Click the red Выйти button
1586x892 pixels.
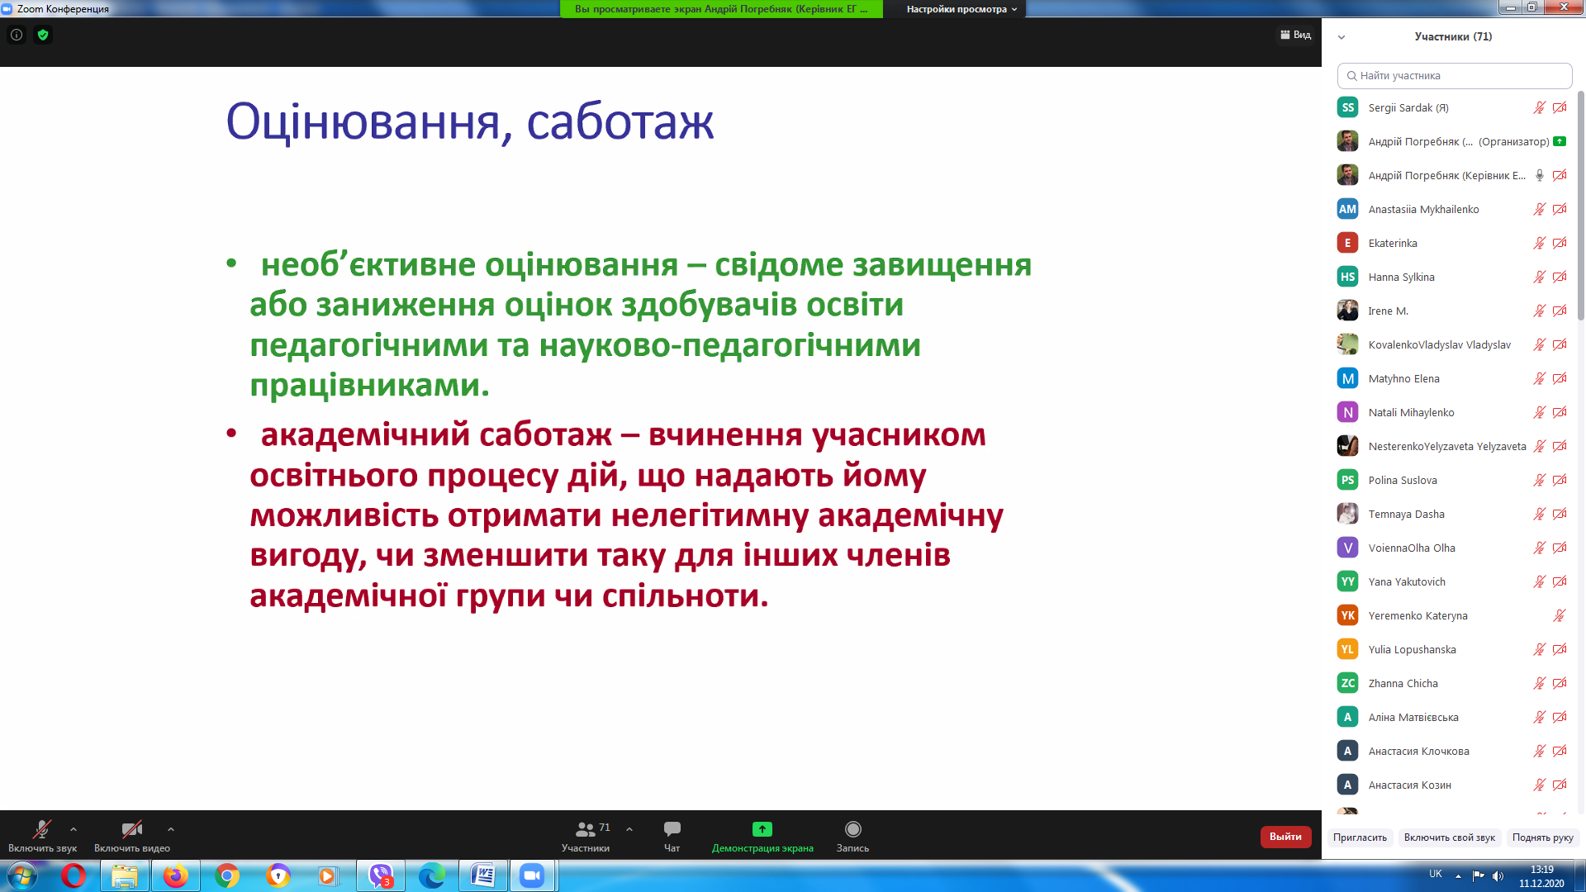[1285, 837]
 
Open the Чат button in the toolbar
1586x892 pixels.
[672, 828]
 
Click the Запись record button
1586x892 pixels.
[853, 828]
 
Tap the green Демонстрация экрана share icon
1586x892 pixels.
[762, 828]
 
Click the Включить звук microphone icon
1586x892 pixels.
[42, 828]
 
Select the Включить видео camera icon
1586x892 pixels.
[132, 828]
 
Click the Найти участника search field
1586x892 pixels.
[1455, 75]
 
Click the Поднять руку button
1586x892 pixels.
[1542, 837]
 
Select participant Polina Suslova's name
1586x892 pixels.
[1403, 480]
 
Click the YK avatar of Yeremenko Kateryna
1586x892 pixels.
[1347, 615]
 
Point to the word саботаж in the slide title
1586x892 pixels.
[620, 121]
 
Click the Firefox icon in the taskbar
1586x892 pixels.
[175, 875]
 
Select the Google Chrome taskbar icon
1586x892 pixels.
[227, 875]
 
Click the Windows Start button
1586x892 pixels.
[22, 875]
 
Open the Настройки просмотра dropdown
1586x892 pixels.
[962, 9]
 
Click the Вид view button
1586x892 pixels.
[1295, 35]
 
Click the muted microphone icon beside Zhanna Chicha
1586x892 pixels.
[1539, 683]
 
